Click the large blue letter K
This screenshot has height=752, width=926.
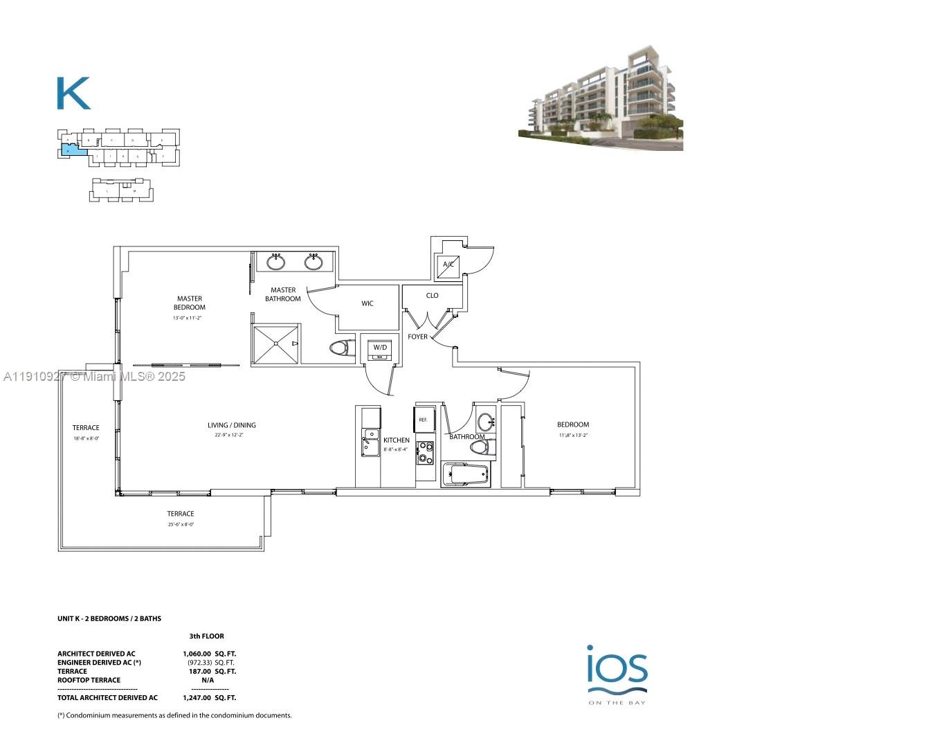tap(73, 93)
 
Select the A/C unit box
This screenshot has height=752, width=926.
tap(448, 265)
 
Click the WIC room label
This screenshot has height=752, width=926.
tap(367, 303)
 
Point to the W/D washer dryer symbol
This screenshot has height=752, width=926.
tap(380, 348)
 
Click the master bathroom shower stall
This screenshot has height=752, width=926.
tap(276, 343)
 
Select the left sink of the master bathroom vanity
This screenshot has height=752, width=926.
tap(276, 262)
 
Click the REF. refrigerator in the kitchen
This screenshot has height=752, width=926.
tap(423, 420)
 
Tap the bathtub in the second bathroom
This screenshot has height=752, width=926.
tap(466, 476)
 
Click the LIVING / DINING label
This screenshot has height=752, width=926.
tap(232, 425)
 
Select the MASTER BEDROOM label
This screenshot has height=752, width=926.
tap(189, 303)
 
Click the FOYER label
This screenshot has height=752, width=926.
tap(417, 337)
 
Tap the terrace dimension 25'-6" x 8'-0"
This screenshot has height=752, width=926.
tap(181, 524)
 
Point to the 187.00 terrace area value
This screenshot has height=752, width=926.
tap(200, 671)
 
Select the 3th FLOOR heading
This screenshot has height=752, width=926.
tap(207, 636)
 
